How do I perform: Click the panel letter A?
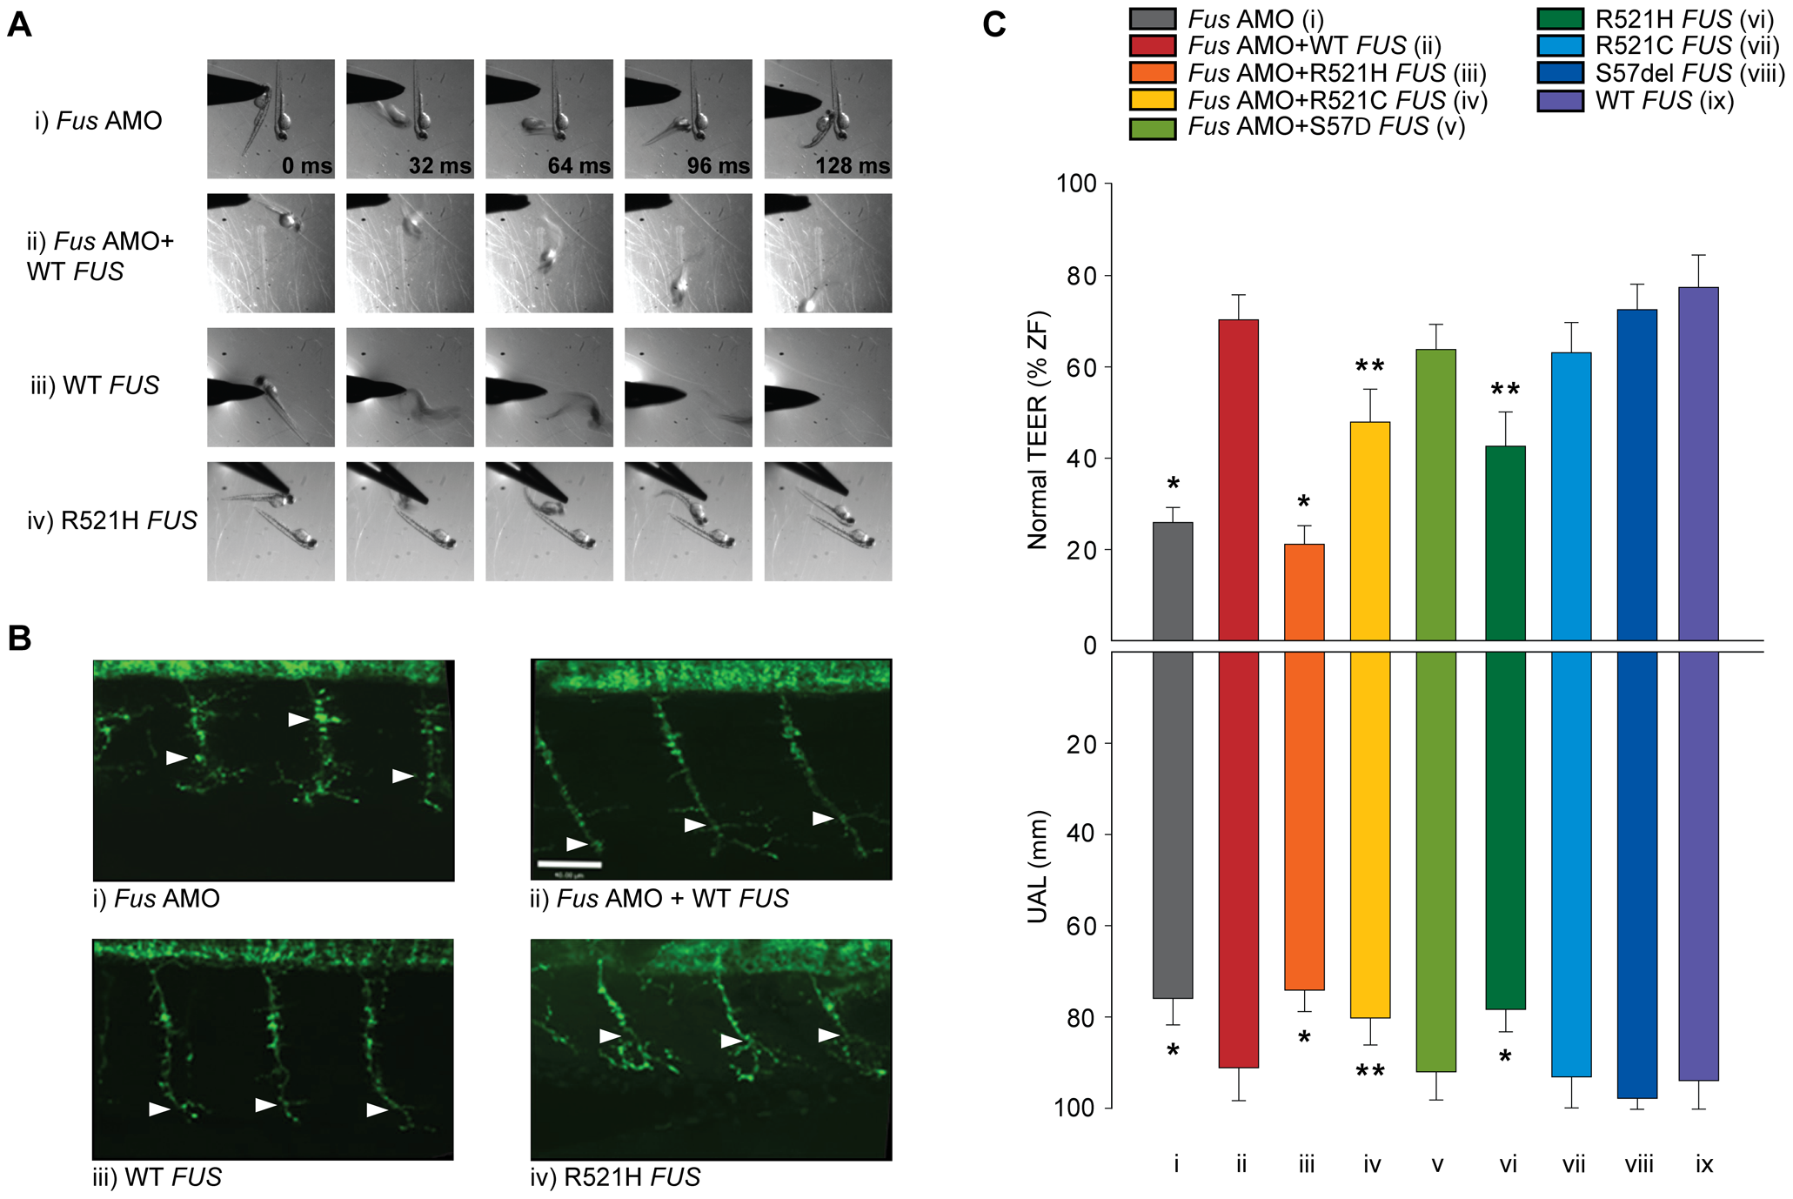(19, 24)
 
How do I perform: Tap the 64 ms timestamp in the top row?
(579, 165)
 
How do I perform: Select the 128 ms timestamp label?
(852, 165)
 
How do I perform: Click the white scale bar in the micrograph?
(569, 864)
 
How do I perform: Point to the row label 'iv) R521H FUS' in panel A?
(112, 520)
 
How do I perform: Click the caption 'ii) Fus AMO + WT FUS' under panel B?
(659, 898)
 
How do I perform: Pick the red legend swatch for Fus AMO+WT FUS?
(1153, 45)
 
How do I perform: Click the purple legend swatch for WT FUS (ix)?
(1560, 101)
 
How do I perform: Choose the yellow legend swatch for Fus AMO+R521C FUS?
(1153, 100)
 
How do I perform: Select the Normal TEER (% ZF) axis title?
(1038, 431)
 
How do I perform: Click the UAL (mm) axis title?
(1038, 867)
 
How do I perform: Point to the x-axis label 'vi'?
(1508, 1164)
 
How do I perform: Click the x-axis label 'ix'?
(1703, 1164)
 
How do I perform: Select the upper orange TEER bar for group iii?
(1304, 592)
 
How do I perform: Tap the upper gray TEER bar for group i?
(1172, 581)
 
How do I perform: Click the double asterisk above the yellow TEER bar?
(1369, 367)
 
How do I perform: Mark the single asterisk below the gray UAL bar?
(1173, 1052)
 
